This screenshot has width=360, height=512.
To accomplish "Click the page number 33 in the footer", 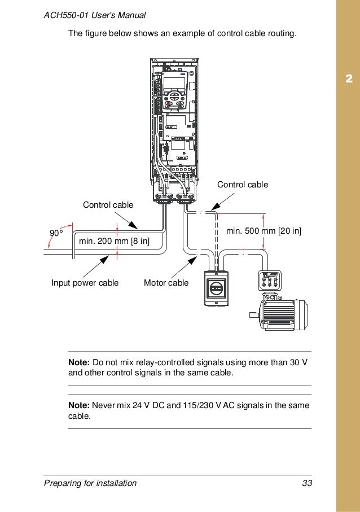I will (307, 483).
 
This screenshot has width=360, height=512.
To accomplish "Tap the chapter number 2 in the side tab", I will (348, 77).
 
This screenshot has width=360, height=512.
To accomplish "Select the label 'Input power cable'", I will (85, 283).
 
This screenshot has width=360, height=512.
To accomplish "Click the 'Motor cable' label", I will (166, 283).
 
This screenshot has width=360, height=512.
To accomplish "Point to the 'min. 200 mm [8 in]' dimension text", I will (114, 242).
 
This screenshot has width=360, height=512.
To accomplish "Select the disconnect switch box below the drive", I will (216, 287).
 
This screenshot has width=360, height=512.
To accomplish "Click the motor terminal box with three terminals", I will (269, 281).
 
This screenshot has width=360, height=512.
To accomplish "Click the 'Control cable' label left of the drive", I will (108, 204).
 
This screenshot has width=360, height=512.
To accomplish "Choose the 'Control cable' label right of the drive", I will (243, 185).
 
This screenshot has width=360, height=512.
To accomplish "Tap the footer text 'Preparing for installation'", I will (90, 483).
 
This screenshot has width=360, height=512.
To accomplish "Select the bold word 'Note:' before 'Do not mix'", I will (79, 361).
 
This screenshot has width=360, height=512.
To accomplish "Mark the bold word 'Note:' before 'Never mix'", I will (79, 405).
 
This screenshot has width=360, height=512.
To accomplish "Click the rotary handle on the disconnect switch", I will (216, 288).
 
